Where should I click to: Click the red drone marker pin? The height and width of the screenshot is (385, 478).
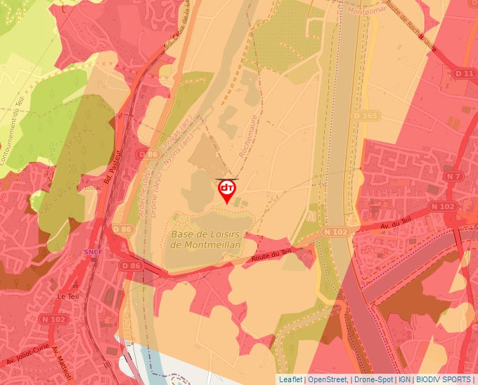coord(226,190)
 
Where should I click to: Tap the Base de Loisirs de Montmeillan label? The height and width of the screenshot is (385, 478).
coord(205,239)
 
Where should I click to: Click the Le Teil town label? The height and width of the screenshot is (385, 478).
coord(68,296)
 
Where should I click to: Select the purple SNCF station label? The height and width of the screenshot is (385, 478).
coord(92,251)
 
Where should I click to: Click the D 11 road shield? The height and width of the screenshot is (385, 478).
coord(465,73)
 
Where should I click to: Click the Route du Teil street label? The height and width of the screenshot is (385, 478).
coord(271,256)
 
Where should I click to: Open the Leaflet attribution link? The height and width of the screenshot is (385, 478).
coord(290,379)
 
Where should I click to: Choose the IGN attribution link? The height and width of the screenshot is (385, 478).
coord(404,379)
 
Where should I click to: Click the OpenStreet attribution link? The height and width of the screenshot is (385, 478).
coord(328,379)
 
